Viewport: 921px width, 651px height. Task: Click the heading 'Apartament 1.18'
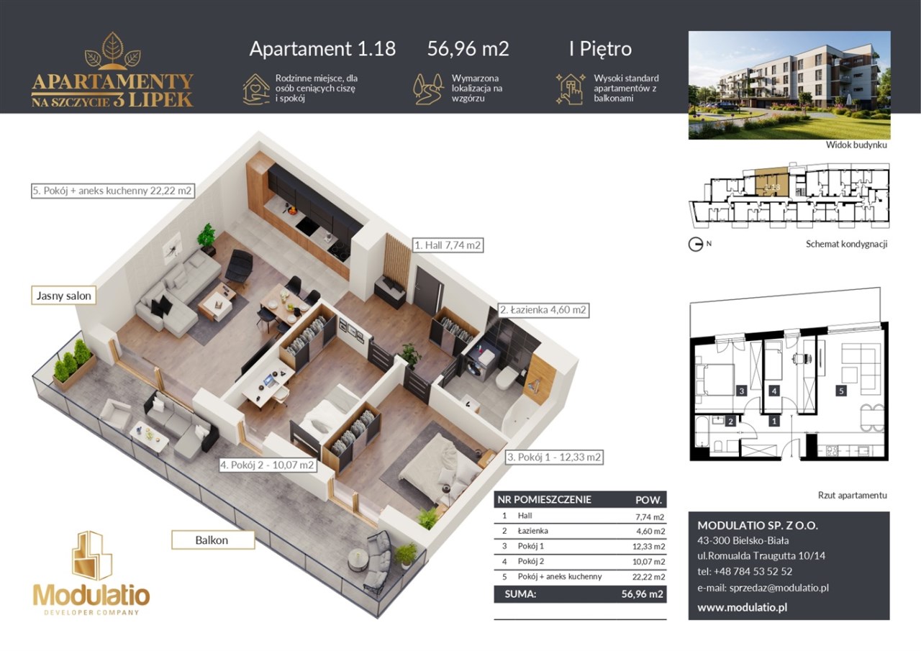pyautogui.click(x=322, y=48)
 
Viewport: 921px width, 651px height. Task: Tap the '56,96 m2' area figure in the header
pyautogui.click(x=468, y=48)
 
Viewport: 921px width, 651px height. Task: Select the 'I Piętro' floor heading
pyautogui.click(x=600, y=50)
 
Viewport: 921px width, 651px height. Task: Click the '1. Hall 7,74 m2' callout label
pyautogui.click(x=448, y=245)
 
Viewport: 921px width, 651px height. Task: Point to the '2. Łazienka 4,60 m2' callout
pyautogui.click(x=543, y=310)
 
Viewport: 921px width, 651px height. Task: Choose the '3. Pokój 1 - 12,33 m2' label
pyautogui.click(x=554, y=457)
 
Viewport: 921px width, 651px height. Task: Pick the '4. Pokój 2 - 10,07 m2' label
pyautogui.click(x=267, y=465)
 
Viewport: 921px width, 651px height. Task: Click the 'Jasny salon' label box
pyautogui.click(x=64, y=296)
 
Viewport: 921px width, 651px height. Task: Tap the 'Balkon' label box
pyautogui.click(x=213, y=540)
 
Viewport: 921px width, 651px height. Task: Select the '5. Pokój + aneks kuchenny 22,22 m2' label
pyautogui.click(x=113, y=191)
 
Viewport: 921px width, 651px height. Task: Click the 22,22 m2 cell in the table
pyautogui.click(x=648, y=577)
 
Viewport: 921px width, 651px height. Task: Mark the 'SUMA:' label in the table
pyautogui.click(x=520, y=594)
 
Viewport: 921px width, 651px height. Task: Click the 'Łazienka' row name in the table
pyautogui.click(x=533, y=531)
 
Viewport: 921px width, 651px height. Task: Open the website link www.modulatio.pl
pyautogui.click(x=742, y=607)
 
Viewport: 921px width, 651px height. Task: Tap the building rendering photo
pyautogui.click(x=789, y=85)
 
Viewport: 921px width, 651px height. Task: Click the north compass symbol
pyautogui.click(x=695, y=245)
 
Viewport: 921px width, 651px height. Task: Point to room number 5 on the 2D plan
pyautogui.click(x=841, y=391)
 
